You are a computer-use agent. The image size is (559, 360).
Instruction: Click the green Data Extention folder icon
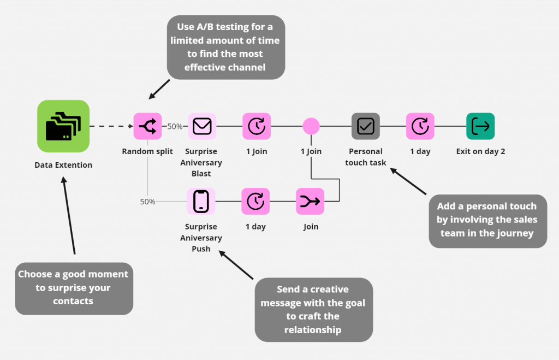[63, 126]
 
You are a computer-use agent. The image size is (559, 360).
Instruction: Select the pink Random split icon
[148, 127]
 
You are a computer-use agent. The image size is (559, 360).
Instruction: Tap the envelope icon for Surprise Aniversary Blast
[202, 127]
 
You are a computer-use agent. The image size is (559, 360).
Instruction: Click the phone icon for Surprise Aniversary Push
[201, 202]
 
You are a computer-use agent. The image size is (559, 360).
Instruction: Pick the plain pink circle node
[311, 126]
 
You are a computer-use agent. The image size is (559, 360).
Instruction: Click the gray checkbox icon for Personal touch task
[365, 127]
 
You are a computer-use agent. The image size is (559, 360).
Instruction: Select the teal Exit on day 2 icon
[480, 126]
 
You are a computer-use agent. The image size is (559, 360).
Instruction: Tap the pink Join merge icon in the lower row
[311, 202]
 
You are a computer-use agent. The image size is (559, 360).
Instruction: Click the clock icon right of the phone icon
[255, 202]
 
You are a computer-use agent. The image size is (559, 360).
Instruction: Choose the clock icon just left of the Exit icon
[420, 127]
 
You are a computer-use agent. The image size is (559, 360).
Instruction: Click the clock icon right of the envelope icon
[256, 127]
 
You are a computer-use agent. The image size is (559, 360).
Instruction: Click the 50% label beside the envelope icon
[175, 127]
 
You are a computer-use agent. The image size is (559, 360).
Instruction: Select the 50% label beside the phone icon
[148, 202]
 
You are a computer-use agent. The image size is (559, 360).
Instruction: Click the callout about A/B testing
[226, 48]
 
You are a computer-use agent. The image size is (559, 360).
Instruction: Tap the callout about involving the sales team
[487, 221]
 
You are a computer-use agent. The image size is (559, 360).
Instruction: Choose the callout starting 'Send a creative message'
[313, 309]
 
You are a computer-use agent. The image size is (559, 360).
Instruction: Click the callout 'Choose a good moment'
[74, 287]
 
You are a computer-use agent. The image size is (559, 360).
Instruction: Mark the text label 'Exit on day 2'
[480, 151]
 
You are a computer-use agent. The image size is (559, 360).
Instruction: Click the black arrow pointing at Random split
[159, 89]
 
